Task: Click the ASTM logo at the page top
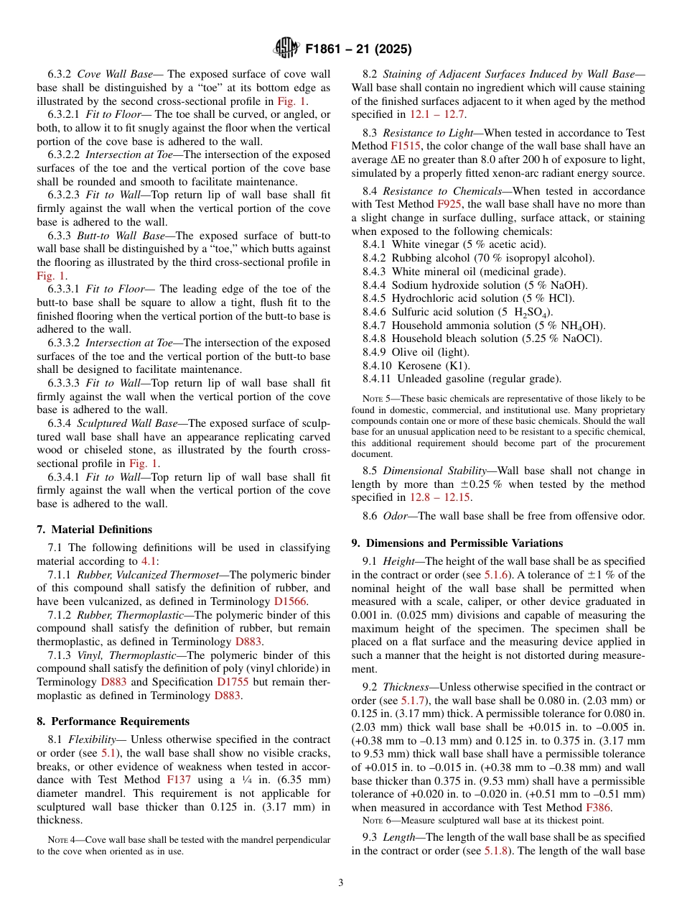click(286, 49)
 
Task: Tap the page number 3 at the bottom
click(340, 882)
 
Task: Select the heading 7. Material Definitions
click(94, 530)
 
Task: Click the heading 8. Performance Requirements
click(113, 721)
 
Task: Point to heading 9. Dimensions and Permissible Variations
click(457, 543)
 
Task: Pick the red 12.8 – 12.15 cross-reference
click(440, 498)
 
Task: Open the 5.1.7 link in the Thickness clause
click(413, 700)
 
